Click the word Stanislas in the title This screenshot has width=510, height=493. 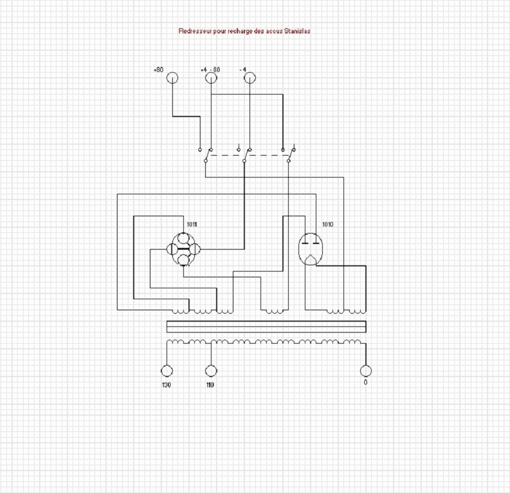tap(297, 31)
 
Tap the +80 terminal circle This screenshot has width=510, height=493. tap(172, 78)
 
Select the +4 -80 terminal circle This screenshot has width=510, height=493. tap(211, 78)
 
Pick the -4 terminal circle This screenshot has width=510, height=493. tap(250, 78)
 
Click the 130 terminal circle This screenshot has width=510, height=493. tap(167, 371)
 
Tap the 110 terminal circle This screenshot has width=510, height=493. tap(211, 371)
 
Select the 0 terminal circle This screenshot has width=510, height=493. tap(366, 371)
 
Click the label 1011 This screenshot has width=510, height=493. tap(192, 224)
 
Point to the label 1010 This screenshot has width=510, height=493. tap(328, 224)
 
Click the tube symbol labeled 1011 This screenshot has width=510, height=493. tap(183, 249)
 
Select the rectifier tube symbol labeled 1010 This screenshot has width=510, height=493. tap(311, 249)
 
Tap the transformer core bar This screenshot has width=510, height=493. tap(266, 327)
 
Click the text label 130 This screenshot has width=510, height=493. tap(166, 385)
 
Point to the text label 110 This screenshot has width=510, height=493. tap(210, 385)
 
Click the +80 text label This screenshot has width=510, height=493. tap(158, 70)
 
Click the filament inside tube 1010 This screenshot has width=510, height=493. tap(311, 259)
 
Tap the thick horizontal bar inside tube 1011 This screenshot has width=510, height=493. tap(183, 249)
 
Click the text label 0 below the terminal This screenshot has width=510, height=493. tap(365, 382)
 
